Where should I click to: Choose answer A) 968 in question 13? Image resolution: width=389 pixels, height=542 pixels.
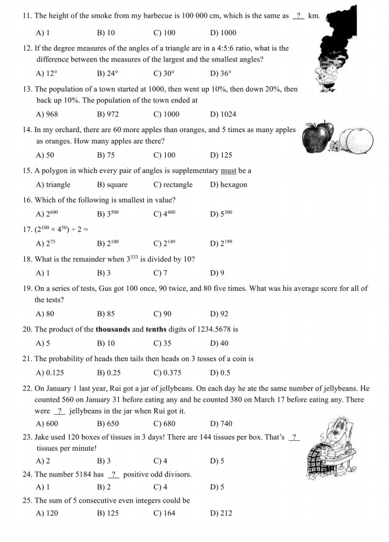click(x=47, y=115)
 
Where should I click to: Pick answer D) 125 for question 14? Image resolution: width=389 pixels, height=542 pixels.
click(x=221, y=155)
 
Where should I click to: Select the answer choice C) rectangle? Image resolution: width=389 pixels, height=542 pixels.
click(x=173, y=185)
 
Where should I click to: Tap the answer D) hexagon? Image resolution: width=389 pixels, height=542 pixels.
click(x=229, y=185)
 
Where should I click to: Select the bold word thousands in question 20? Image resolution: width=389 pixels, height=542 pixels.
click(x=113, y=329)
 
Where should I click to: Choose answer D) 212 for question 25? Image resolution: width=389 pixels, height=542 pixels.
click(x=221, y=513)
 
